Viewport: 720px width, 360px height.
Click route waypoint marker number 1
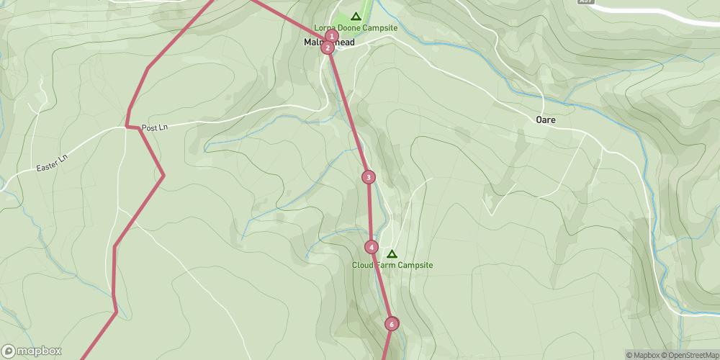point(331,36)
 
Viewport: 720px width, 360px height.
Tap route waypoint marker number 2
point(328,48)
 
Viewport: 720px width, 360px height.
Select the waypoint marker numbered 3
point(369,177)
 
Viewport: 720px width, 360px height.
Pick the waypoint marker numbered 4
point(371,247)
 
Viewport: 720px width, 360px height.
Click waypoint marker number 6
point(392,324)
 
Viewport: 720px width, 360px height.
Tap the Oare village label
point(545,120)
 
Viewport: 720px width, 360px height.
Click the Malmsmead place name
point(328,42)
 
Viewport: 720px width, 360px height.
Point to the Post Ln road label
point(154,127)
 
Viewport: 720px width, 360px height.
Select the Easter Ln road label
point(50,168)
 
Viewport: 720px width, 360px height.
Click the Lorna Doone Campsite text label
point(356,27)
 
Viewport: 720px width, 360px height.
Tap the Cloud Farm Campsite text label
point(392,265)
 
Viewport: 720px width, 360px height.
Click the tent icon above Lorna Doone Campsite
point(355,16)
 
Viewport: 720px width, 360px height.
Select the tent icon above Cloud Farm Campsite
point(392,253)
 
